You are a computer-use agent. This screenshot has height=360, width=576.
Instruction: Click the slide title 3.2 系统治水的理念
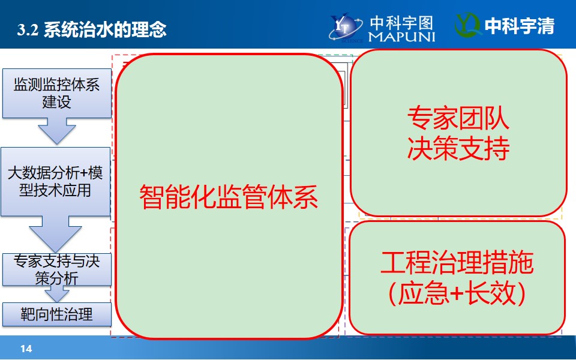pos(91,29)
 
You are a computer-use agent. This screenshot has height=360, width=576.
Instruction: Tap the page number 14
pos(26,348)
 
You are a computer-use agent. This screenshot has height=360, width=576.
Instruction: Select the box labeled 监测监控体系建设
pos(57,94)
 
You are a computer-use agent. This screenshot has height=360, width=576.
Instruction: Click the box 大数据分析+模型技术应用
pos(55,181)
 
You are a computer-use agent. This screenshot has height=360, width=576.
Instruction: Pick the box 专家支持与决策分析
pos(57,269)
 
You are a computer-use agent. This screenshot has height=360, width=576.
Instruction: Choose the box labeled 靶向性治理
pos(57,314)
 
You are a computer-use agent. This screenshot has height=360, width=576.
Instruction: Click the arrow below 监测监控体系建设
pos(57,131)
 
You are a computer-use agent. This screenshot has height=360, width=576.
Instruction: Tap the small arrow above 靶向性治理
pos(57,293)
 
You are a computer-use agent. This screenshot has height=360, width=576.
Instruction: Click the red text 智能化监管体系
pos(229,197)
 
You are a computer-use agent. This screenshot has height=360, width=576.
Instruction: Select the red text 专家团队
pos(458,118)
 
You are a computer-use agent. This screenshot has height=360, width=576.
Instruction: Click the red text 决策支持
pos(458,148)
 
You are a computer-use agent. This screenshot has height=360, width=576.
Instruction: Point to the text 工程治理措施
pos(457,263)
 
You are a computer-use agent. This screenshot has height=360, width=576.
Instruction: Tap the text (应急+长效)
pos(457,293)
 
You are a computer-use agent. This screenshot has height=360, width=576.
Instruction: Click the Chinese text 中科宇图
pos(401,23)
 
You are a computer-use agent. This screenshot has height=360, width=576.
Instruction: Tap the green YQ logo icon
pos(467,25)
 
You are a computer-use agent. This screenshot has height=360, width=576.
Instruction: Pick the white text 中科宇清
pos(520,26)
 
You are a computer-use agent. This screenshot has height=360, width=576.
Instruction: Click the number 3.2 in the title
pos(28,30)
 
